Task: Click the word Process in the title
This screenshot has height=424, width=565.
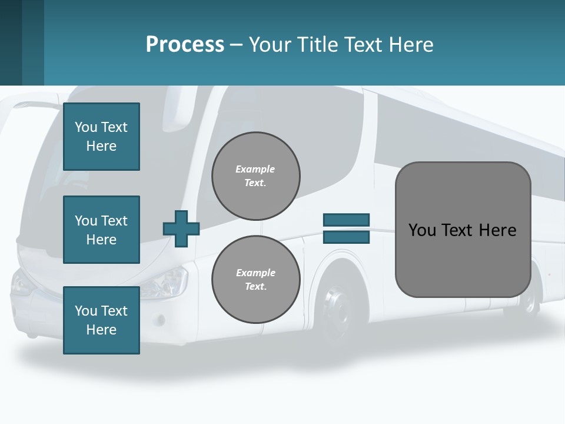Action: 185,44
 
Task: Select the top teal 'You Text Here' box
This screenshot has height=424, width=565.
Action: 101,137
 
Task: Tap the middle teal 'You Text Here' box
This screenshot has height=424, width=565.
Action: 101,230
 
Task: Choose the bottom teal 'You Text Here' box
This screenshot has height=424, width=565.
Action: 101,320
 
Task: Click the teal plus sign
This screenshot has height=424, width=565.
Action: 181,228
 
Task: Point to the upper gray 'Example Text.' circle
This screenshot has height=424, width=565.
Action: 255,176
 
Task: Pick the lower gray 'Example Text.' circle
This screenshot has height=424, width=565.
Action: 255,280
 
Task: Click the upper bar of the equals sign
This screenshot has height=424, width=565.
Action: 346,220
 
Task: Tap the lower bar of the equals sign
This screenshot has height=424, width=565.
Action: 346,237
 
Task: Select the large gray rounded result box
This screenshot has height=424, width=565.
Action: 463,230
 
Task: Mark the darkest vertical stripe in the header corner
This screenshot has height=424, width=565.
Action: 11,42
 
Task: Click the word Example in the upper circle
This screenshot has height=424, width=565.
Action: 255,169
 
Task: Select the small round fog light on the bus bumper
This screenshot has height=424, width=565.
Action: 159,319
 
